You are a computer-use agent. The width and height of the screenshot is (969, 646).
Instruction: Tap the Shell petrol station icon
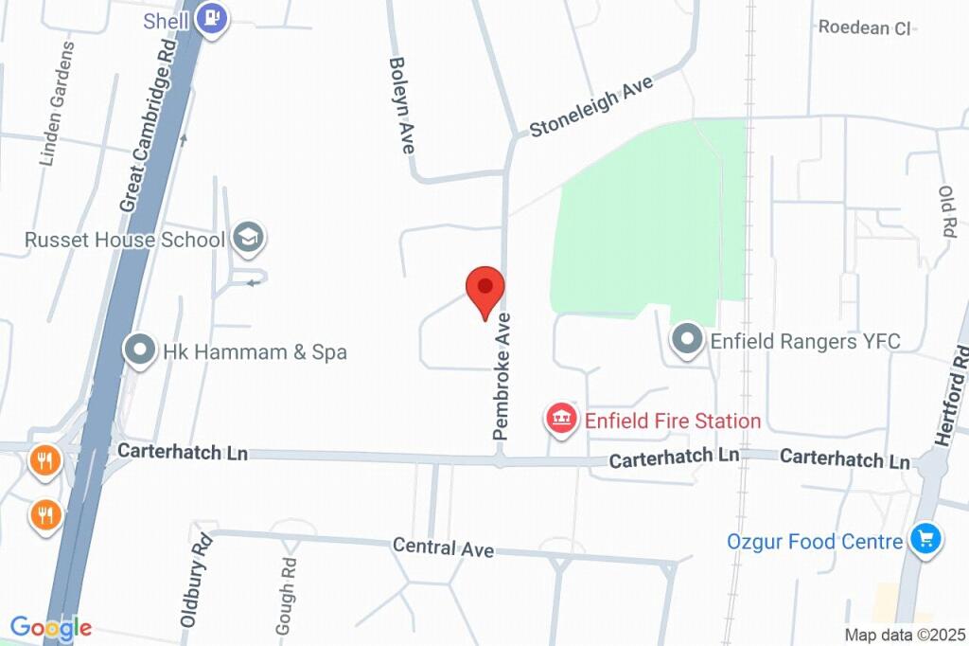pyautogui.click(x=215, y=18)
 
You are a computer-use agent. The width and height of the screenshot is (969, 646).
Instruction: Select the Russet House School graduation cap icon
pyautogui.click(x=249, y=239)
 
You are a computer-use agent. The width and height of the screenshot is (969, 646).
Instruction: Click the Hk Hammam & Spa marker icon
pyautogui.click(x=140, y=351)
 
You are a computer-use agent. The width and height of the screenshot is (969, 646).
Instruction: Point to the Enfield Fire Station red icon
pyautogui.click(x=562, y=420)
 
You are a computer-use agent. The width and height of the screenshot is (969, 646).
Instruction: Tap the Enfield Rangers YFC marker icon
pyautogui.click(x=685, y=341)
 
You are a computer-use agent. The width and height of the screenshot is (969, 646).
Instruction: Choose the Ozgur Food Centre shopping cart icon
pyautogui.click(x=925, y=541)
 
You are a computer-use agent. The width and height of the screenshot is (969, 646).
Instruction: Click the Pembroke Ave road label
pyautogui.click(x=502, y=375)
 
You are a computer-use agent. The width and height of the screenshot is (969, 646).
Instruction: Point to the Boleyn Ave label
pyautogui.click(x=402, y=105)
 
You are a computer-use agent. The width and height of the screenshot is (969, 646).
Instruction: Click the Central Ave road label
pyautogui.click(x=443, y=547)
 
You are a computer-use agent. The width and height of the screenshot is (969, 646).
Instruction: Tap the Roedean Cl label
pyautogui.click(x=864, y=27)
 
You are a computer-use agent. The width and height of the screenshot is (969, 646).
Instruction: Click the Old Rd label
pyautogui.click(x=947, y=210)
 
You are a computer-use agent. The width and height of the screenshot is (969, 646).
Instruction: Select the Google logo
pyautogui.click(x=50, y=627)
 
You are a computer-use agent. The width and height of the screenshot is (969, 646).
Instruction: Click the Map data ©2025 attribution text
pyautogui.click(x=905, y=635)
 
